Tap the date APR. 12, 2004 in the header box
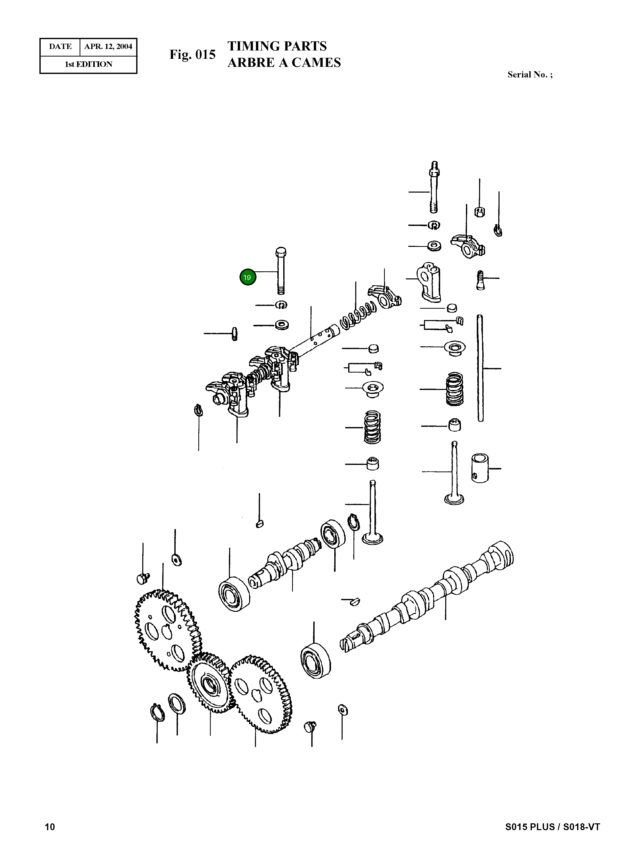point(108,47)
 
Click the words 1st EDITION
point(88,64)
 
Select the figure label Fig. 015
point(192,55)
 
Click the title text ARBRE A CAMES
point(284,63)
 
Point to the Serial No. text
point(530,75)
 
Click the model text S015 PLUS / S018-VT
point(552,827)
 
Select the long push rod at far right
point(480,369)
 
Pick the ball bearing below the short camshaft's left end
point(234,594)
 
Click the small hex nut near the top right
point(479,212)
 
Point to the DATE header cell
point(60,47)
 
